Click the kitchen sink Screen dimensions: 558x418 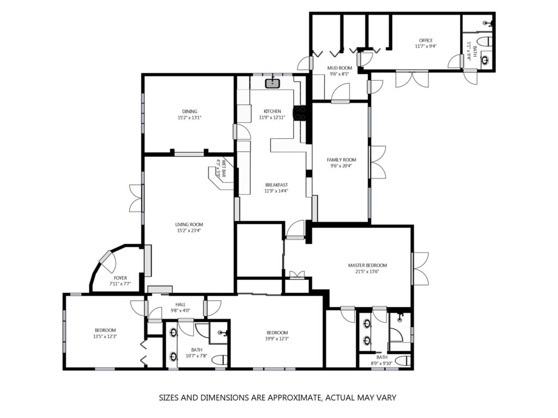272,83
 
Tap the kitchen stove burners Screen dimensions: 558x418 300,113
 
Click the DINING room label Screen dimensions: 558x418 190,111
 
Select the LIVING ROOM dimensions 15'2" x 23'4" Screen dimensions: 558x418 189,231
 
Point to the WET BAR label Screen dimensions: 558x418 224,168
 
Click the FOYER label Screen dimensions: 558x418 120,278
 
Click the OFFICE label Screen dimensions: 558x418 426,40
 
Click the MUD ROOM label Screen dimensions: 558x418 339,68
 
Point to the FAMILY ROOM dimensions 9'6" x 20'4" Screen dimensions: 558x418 341,165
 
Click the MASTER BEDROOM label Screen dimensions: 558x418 367,265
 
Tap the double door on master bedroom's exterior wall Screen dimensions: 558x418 420,268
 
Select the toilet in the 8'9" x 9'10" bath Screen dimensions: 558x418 403,361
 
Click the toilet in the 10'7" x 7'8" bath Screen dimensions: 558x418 219,360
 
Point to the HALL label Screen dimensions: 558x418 180,305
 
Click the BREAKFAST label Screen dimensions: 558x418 276,185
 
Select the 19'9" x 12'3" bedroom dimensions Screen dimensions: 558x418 277,339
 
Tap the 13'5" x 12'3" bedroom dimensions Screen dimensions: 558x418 105,336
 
